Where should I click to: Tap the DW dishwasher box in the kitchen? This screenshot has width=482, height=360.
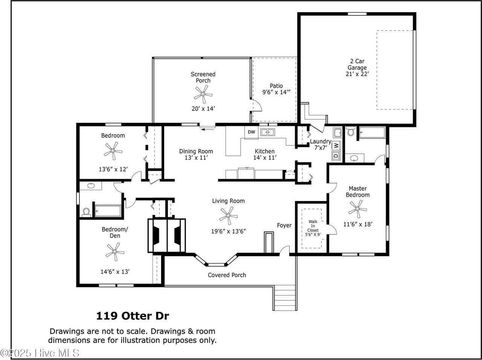point(252,132)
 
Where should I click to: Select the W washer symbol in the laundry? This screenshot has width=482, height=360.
point(336,145)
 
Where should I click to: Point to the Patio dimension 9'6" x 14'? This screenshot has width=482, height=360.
point(276,92)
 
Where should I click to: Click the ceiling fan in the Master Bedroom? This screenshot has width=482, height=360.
point(357,208)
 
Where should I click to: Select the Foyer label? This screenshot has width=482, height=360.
point(284,225)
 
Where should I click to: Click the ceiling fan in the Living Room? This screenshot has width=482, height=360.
point(228,216)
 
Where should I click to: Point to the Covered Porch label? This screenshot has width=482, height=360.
point(227,275)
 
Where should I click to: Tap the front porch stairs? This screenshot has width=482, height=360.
point(285,297)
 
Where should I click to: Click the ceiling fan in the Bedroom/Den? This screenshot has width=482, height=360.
point(115,252)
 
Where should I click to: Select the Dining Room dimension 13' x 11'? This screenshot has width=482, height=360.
point(196,158)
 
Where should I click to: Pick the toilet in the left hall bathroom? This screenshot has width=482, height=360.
point(86,212)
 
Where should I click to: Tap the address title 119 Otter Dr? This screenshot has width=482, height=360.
point(133,316)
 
